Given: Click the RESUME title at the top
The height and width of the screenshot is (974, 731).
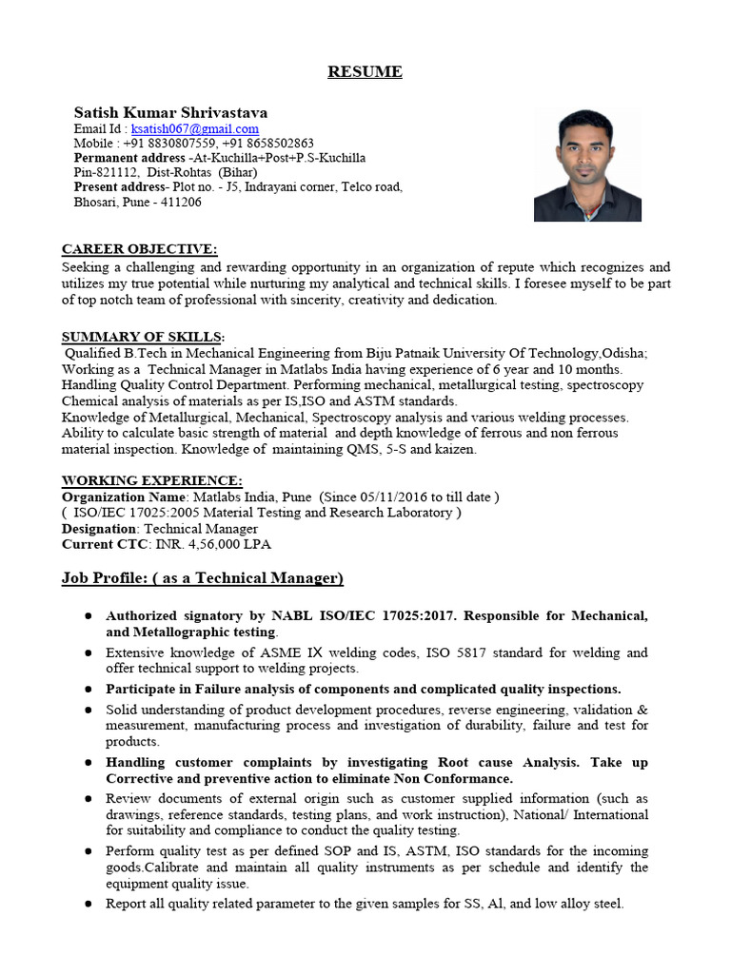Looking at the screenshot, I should point(365,72).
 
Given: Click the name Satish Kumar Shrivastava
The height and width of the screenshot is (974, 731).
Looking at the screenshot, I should point(164,112).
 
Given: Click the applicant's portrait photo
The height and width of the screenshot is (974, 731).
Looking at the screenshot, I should point(586,165).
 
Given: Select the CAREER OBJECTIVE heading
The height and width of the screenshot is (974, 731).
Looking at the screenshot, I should point(139,249).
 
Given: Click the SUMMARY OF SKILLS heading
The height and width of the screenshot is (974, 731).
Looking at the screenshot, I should point(143,337).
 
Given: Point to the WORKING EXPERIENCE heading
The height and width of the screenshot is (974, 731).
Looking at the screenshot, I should point(151,481).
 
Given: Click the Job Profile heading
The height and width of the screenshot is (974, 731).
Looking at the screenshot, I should point(202,578).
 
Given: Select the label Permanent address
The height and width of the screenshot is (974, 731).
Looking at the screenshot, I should point(129,158).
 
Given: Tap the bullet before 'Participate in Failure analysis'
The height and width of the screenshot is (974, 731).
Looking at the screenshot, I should point(88,690).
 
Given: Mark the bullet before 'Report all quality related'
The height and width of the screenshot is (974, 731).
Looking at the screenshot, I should point(88,905).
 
